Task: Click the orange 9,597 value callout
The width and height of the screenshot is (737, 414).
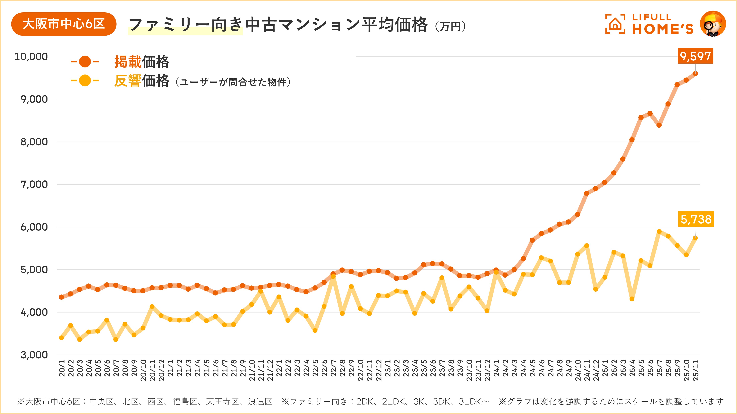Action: tap(695, 56)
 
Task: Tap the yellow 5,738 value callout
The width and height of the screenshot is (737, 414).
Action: tap(696, 219)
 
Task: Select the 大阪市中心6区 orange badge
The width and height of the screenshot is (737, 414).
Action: tap(64, 24)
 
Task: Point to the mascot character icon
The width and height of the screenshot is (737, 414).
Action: tap(713, 24)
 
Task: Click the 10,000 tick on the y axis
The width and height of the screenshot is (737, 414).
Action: tap(31, 57)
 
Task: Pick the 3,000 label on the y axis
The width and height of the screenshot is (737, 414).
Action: tap(34, 355)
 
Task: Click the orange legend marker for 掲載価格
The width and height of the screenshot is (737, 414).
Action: tap(85, 61)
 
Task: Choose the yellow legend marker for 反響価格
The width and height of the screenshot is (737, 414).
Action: tap(85, 81)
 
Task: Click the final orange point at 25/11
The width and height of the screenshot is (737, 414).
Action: tap(695, 74)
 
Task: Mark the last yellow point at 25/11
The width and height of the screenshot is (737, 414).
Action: tap(695, 238)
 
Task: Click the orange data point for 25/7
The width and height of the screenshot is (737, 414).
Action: tap(659, 125)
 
